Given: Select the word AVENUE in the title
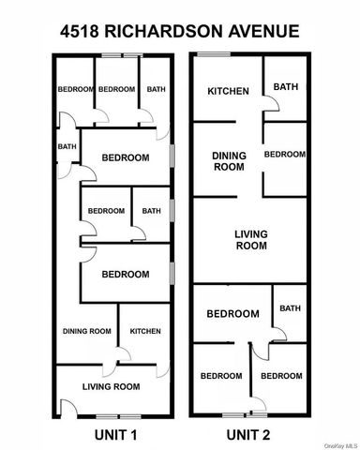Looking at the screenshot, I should pyautogui.click(x=264, y=31).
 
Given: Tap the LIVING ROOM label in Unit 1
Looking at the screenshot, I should pyautogui.click(x=111, y=385).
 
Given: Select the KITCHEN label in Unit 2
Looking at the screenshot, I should pyautogui.click(x=228, y=91).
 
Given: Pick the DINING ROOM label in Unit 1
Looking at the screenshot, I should pyautogui.click(x=87, y=331).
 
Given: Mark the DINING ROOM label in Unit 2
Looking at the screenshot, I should pyautogui.click(x=228, y=161).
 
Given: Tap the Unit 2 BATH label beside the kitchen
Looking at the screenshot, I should pyautogui.click(x=286, y=87).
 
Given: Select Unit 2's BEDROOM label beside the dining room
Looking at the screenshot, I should pyautogui.click(x=285, y=154).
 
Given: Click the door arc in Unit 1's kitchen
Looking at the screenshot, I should pyautogui.click(x=120, y=357).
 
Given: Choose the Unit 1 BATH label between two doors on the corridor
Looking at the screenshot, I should pyautogui.click(x=67, y=146).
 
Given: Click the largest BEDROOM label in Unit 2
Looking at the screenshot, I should pyautogui.click(x=232, y=313).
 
